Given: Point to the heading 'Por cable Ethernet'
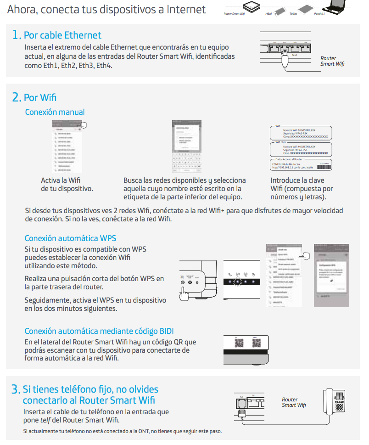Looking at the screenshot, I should pos(62,35).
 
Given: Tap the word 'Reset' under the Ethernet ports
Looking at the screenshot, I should pos(295,55).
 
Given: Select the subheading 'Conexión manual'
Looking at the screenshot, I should pos(55,112).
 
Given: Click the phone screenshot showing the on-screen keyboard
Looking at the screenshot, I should pos(187,146).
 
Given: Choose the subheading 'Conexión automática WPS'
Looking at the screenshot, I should pos(70,238).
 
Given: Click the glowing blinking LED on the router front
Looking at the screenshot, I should pos(238,282).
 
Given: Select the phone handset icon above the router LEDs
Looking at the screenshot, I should pos(229,272).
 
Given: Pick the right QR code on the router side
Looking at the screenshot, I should pos(257,343).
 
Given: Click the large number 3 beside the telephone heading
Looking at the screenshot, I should pos(15,390).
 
